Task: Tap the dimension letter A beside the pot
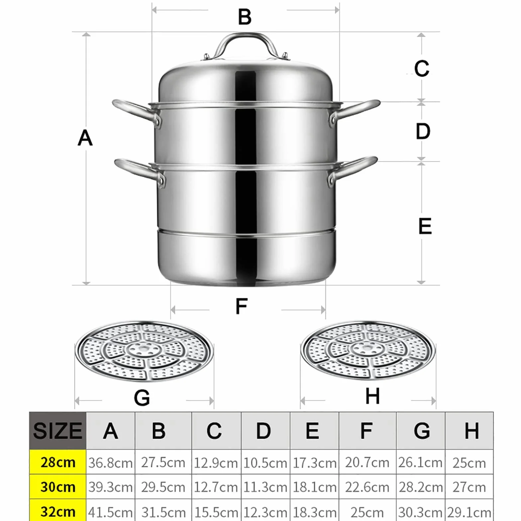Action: tap(85, 138)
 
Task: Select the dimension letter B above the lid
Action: tap(245, 17)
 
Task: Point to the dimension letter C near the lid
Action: tap(422, 68)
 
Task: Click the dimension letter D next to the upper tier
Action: tap(423, 131)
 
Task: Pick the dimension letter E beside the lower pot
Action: tap(425, 226)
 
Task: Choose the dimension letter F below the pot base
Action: tap(242, 306)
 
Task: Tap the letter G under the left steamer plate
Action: tap(142, 398)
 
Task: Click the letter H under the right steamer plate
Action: tap(372, 396)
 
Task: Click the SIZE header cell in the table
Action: tap(58, 431)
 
